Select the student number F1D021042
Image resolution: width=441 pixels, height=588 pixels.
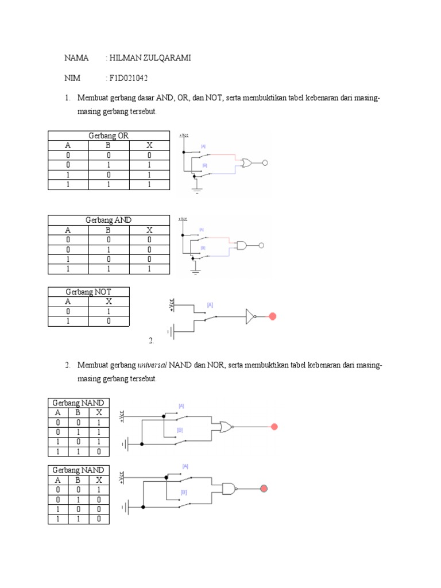click(133, 78)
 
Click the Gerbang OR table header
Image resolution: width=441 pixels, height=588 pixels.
click(109, 136)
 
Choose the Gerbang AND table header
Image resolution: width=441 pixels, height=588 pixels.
click(109, 220)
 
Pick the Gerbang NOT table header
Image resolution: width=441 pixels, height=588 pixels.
click(88, 292)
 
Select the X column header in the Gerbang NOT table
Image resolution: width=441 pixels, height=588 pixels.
click(109, 301)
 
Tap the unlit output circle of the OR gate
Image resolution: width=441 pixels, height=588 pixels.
click(265, 163)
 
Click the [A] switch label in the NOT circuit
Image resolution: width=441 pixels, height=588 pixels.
click(210, 305)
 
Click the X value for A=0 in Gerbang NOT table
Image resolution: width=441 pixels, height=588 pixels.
click(109, 311)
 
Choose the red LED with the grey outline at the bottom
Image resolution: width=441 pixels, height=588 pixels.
click(264, 489)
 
